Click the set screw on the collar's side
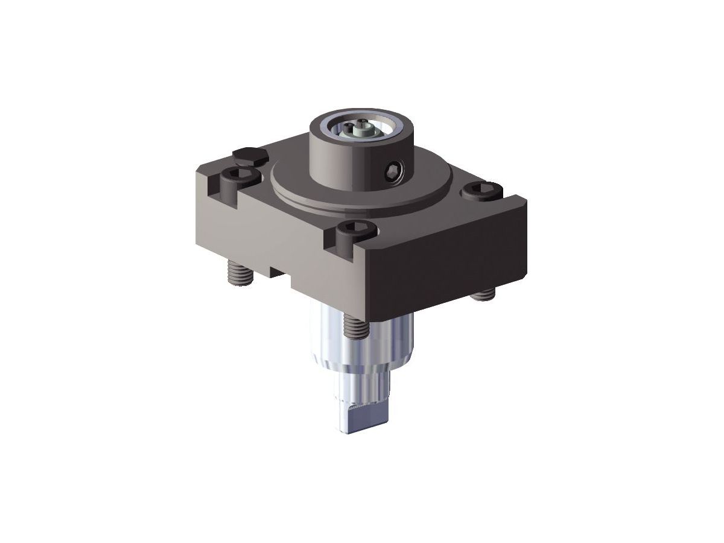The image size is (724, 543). point(396,171)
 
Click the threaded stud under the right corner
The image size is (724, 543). point(482,294)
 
